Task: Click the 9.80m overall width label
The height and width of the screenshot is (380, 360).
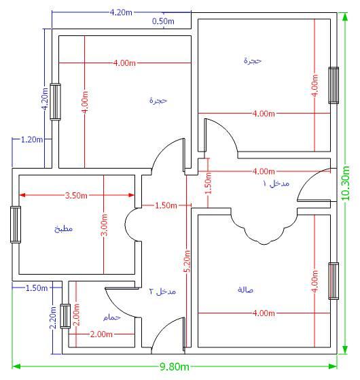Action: click(175, 366)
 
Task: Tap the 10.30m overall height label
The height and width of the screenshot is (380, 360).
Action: click(346, 184)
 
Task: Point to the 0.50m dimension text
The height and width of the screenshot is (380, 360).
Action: click(163, 21)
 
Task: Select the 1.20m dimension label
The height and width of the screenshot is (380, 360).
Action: click(32, 139)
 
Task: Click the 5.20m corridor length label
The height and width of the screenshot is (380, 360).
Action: click(187, 261)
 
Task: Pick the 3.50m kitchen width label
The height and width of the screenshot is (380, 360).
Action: click(76, 195)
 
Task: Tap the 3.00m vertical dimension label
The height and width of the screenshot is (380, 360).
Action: click(105, 224)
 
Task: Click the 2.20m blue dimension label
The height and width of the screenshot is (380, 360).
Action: click(53, 317)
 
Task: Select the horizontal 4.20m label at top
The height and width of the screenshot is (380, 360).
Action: click(121, 12)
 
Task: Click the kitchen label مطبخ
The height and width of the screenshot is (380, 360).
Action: click(63, 228)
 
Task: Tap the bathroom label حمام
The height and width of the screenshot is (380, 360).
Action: click(112, 317)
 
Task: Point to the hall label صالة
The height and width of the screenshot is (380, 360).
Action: click(245, 290)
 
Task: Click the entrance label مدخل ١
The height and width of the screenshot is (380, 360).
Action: click(276, 184)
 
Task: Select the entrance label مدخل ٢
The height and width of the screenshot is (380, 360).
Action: click(162, 291)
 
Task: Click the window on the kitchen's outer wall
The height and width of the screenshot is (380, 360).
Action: click(16, 224)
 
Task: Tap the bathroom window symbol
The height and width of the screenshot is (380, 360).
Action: click(65, 316)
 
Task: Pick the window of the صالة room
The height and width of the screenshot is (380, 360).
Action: click(334, 281)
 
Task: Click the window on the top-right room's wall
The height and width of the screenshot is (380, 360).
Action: click(334, 85)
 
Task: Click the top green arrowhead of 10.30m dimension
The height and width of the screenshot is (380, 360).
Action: click(346, 17)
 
